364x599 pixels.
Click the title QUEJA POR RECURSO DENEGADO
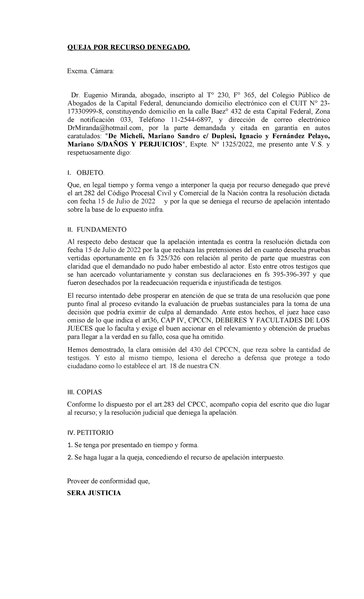coord(128,48)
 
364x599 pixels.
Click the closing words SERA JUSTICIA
coord(94,493)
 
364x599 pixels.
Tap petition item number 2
coord(69,458)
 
